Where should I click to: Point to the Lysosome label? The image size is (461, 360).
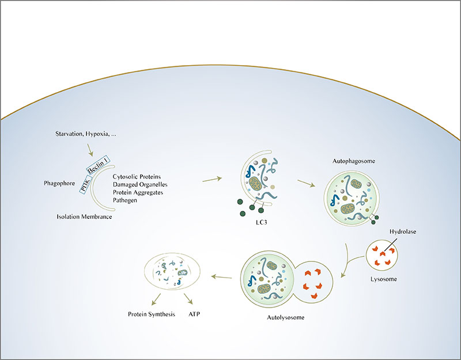click(383, 278)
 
